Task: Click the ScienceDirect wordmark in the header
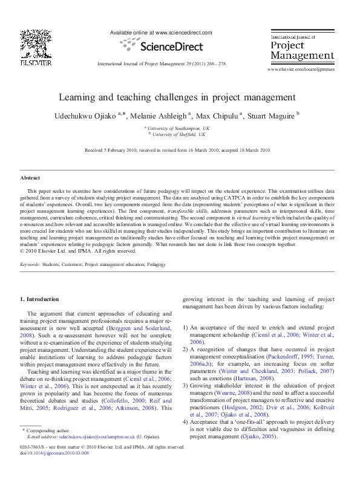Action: pyautogui.click(x=165, y=46)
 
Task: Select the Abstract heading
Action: pyautogui.click(x=30, y=178)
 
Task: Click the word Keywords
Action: pyautogui.click(x=31, y=265)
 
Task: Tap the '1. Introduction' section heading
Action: pyautogui.click(x=40, y=299)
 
